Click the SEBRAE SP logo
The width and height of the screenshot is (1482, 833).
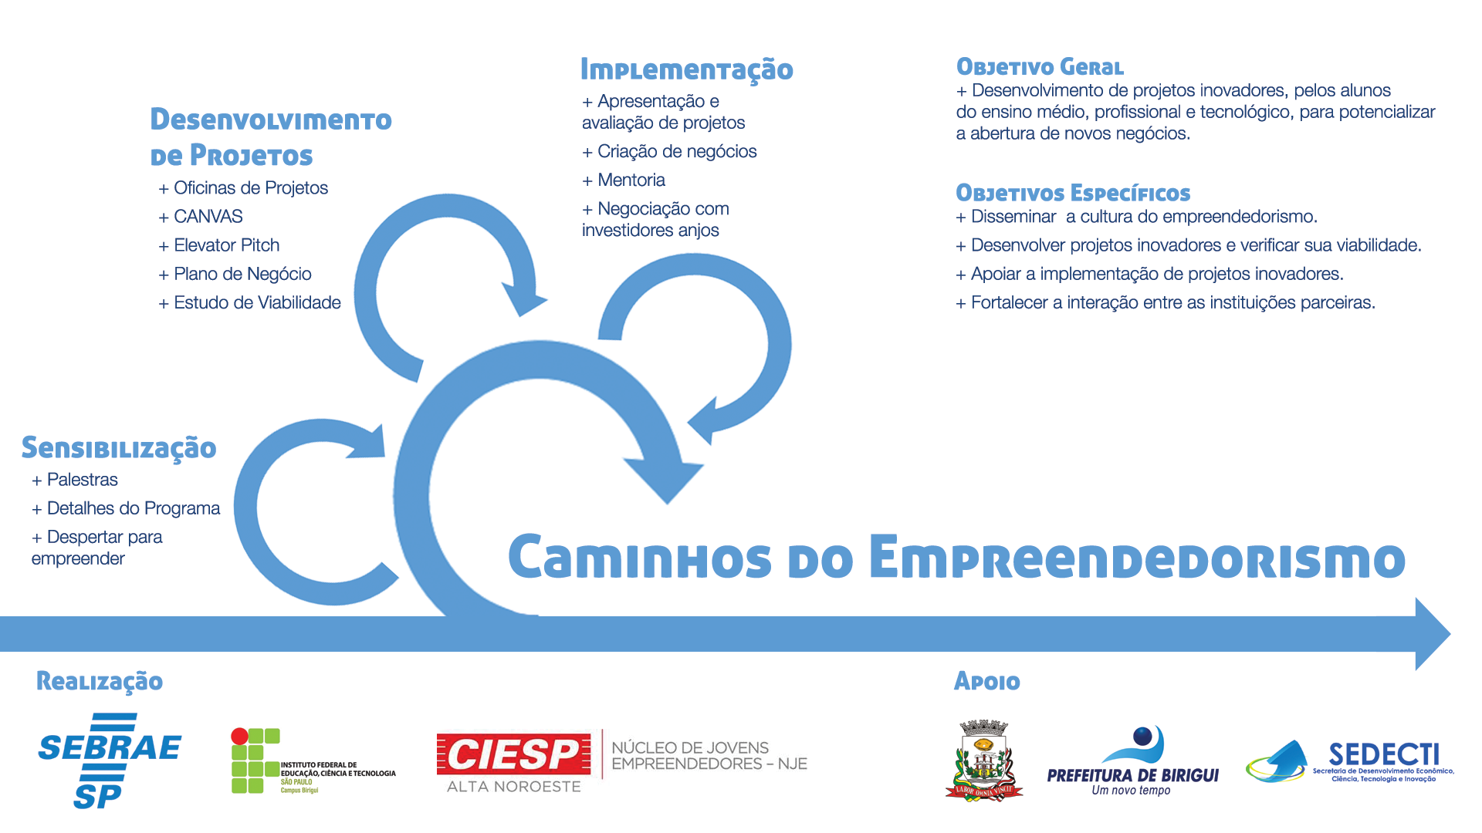[x=110, y=760]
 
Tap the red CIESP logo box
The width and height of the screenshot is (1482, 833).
[x=513, y=754]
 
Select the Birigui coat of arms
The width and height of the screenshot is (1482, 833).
[x=983, y=760]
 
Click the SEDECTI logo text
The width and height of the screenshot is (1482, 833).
[x=1383, y=754]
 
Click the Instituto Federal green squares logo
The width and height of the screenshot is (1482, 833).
[x=255, y=760]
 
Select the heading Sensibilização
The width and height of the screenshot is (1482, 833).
[x=119, y=448]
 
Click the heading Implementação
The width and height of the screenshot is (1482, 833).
[x=686, y=69]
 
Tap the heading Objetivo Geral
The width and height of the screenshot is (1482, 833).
[x=1040, y=67]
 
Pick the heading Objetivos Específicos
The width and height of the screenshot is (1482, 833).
[x=1073, y=193]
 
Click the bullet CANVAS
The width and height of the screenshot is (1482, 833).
[x=208, y=217]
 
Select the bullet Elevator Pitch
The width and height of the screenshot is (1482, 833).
[x=226, y=245]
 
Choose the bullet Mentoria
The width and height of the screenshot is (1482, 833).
[x=631, y=180]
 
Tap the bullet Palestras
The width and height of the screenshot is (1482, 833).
[x=82, y=480]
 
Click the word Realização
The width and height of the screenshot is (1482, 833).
[x=100, y=681]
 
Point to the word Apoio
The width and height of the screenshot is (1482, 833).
[x=987, y=681]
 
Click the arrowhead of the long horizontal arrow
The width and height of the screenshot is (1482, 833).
[x=1432, y=634]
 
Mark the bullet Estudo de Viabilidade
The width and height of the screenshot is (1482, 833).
[x=257, y=302]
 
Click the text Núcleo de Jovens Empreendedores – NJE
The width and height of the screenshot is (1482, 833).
[x=709, y=756]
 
